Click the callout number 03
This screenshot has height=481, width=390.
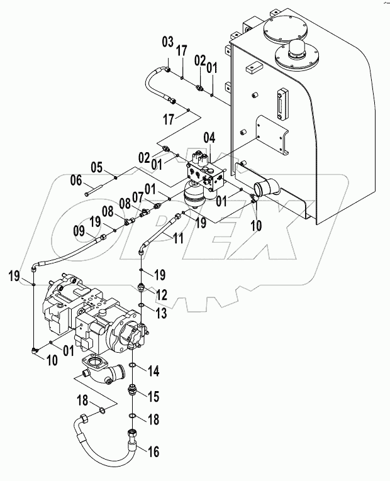(x=167, y=42)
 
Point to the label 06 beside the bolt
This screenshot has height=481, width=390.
(x=76, y=180)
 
